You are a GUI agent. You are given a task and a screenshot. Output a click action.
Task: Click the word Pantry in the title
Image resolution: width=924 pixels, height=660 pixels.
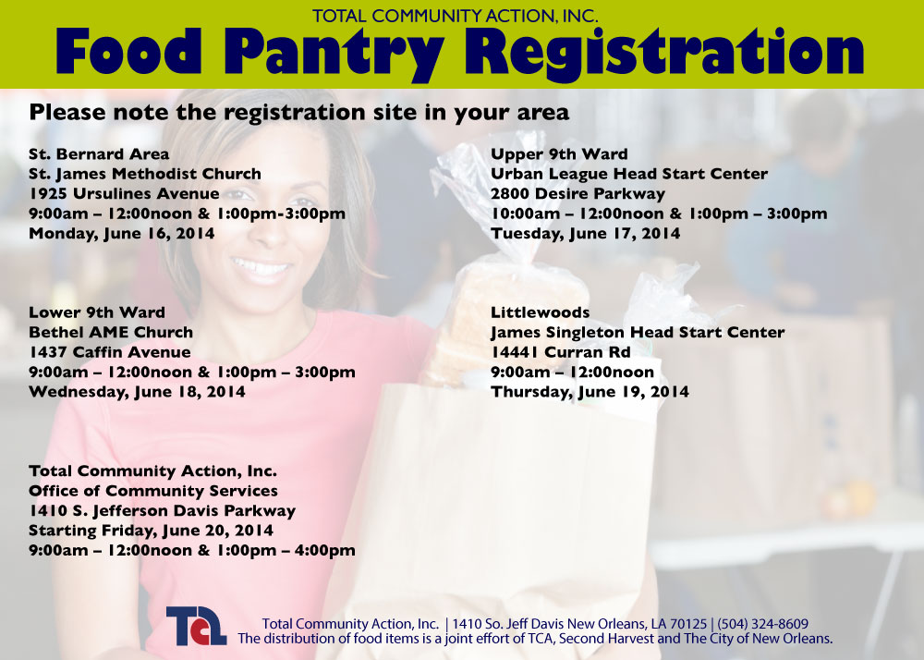pos(334,53)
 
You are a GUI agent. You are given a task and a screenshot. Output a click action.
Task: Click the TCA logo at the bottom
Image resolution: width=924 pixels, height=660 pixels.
pos(196,626)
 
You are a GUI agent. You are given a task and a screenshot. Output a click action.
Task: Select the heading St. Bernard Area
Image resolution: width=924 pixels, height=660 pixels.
pos(99,154)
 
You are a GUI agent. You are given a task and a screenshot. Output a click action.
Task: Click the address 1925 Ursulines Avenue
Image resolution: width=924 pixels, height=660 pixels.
pos(124,194)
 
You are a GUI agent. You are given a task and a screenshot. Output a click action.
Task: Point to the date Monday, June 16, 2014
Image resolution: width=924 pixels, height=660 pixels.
pos(121,234)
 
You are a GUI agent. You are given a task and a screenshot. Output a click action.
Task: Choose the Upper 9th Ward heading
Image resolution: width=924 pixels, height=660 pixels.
pos(559,154)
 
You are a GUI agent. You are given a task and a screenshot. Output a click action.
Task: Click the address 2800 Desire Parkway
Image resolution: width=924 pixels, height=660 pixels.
pos(577,194)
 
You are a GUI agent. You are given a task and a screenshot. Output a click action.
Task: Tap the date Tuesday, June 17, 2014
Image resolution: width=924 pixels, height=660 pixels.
pos(585,234)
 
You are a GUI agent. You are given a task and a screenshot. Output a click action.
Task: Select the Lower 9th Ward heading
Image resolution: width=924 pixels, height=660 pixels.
pos(97,312)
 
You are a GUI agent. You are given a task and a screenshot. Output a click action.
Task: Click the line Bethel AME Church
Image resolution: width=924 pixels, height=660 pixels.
pos(111,333)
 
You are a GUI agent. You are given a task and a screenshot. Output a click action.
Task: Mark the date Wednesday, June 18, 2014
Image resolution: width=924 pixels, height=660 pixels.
pos(137,393)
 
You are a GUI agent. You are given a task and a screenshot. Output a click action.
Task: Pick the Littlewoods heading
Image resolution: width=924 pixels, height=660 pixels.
pos(540,312)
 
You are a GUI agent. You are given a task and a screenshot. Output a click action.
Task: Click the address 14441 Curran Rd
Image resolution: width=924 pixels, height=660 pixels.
pos(561,352)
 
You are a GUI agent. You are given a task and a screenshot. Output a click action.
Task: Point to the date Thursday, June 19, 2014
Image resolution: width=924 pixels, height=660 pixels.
pos(590,393)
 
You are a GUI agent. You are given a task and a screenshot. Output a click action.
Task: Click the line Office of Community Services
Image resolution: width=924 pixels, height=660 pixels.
pos(153,491)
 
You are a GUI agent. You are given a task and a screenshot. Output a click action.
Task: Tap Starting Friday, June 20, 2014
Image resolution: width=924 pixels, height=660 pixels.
pos(151,531)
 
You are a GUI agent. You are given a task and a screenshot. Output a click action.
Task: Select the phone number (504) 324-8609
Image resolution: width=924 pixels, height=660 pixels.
pos(762,624)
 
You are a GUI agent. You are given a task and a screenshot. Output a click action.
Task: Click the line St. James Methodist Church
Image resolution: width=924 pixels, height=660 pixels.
pos(145,175)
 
